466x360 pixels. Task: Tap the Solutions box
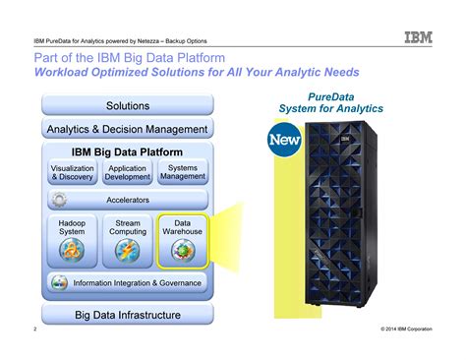pos(128,105)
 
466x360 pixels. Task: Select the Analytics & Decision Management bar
pos(128,129)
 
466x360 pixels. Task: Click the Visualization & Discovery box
pos(73,173)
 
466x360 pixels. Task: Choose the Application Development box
pos(128,173)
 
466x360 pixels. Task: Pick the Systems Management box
pos(183,173)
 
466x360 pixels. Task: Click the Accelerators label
pos(128,200)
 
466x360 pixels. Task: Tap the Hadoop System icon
pos(73,252)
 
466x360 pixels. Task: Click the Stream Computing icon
pos(128,252)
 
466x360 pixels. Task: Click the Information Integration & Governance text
pos(136,283)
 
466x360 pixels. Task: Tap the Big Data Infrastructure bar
pos(128,315)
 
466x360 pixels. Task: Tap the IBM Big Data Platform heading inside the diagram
pos(128,152)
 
